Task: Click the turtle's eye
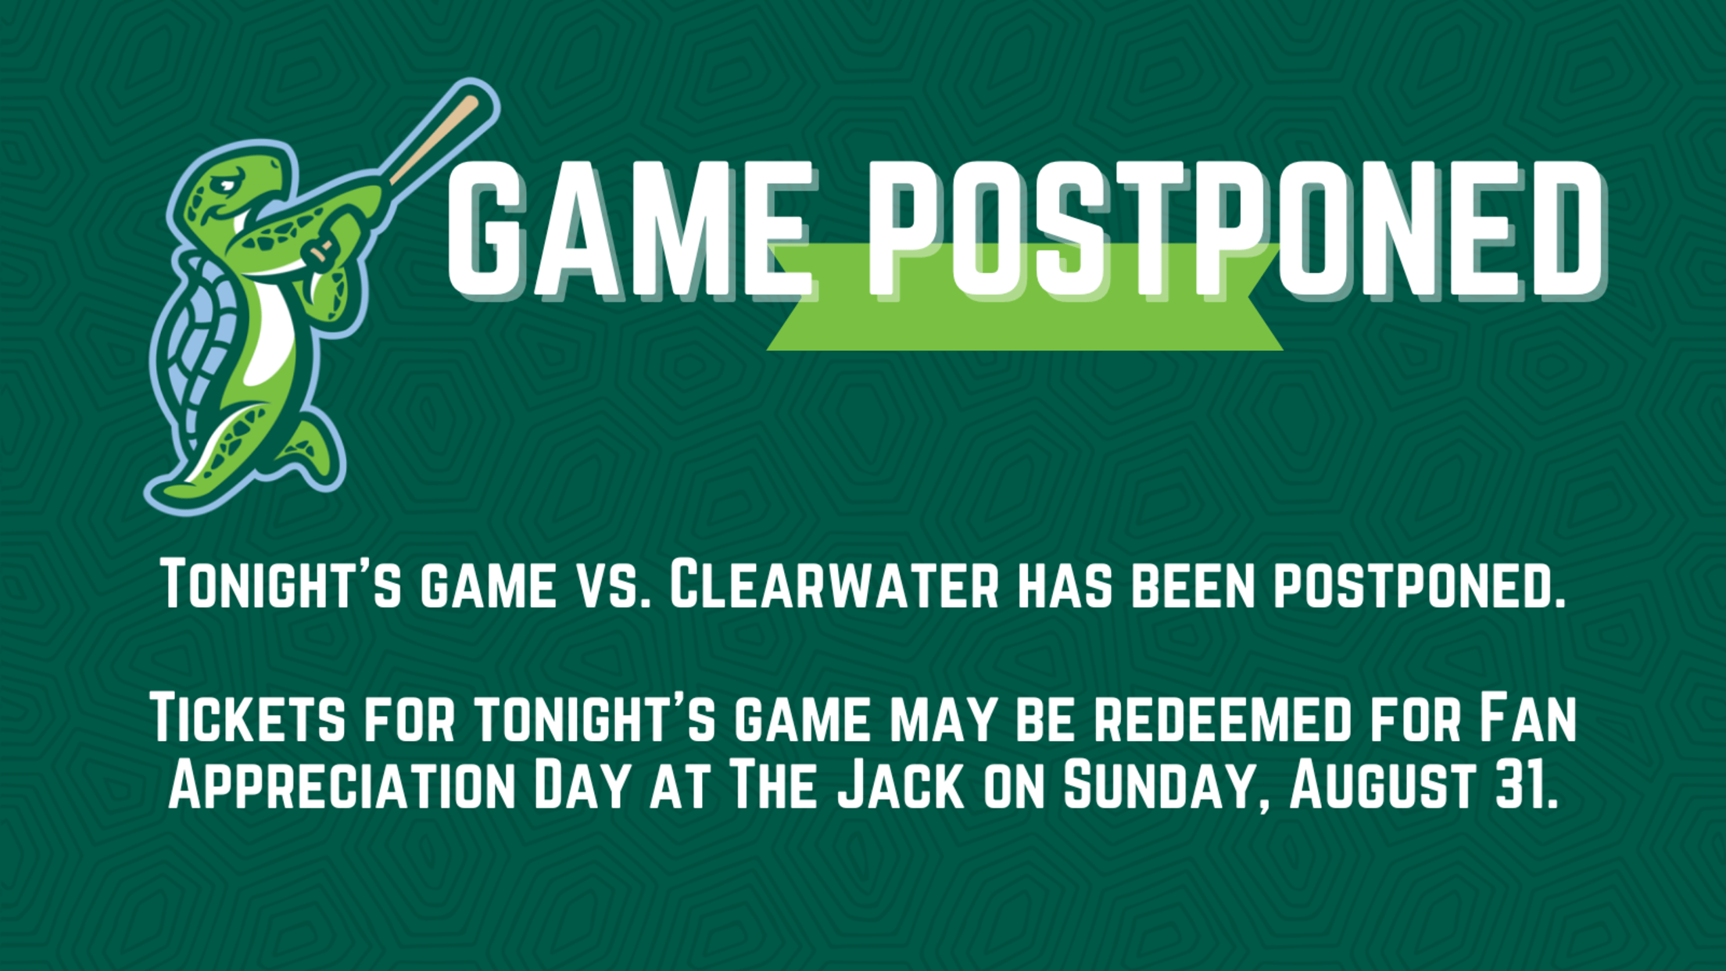[227, 185]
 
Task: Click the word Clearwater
[834, 584]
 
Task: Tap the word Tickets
[247, 718]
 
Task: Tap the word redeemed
[1222, 718]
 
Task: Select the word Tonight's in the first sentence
[281, 584]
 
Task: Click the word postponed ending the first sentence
[1420, 584]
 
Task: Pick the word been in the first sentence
[1194, 584]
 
